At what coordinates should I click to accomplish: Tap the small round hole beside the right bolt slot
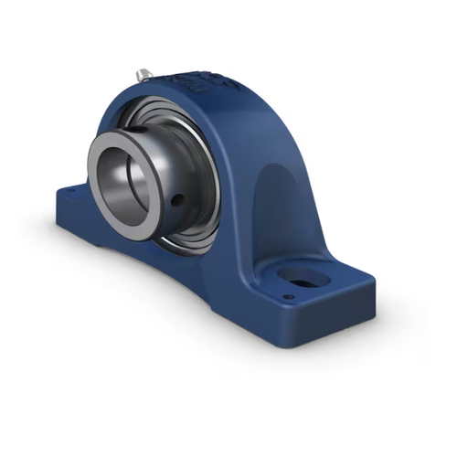[x=289, y=296]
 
